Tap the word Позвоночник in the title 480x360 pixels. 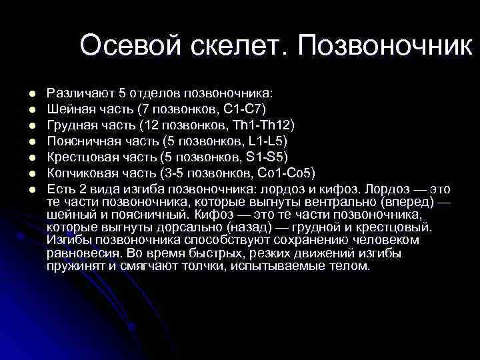[x=386, y=46]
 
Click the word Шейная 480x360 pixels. [x=69, y=109]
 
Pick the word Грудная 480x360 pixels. [x=72, y=125]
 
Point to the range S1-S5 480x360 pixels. [x=270, y=157]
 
